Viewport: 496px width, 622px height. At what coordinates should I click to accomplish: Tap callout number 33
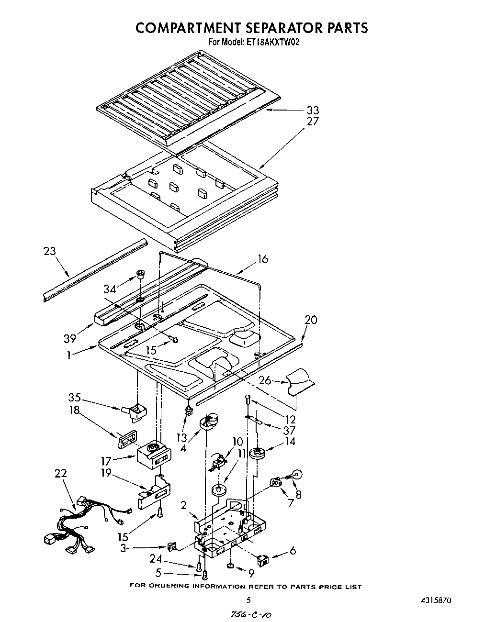click(x=313, y=111)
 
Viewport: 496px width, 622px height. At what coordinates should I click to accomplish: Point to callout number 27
click(x=313, y=121)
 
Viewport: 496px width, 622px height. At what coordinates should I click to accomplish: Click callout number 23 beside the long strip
click(x=49, y=251)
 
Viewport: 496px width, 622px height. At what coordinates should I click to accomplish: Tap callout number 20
click(x=311, y=320)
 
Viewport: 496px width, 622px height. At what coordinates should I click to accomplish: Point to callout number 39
click(x=70, y=339)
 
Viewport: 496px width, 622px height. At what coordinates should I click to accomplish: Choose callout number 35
click(x=74, y=398)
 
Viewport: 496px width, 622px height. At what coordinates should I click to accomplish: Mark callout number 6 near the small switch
click(x=293, y=551)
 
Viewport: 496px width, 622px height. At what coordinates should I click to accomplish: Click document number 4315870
click(x=434, y=600)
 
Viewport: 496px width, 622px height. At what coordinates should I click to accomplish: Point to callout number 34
click(x=110, y=289)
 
